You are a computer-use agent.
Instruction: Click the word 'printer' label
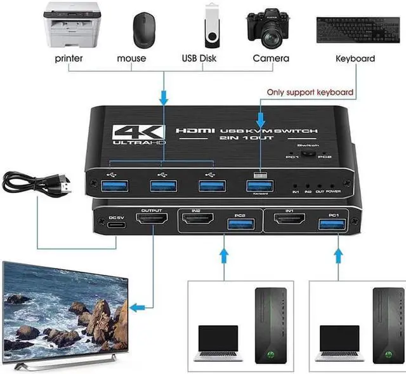tap(69, 58)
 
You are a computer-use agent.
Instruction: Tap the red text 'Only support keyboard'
tap(310, 93)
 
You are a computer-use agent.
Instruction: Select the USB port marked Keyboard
tap(259, 185)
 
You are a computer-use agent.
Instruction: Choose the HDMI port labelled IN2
tap(198, 222)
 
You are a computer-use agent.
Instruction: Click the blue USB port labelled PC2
tap(240, 224)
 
